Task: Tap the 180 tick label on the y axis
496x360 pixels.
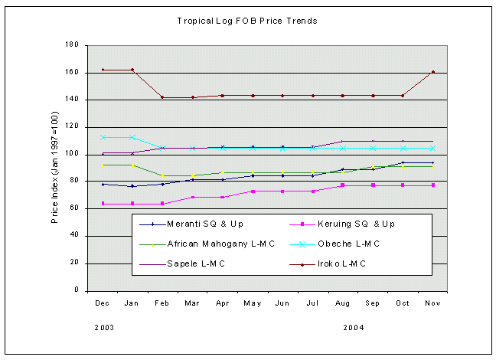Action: [x=73, y=45]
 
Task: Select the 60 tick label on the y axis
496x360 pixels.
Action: [x=75, y=209]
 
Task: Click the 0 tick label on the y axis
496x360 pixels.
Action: [x=77, y=291]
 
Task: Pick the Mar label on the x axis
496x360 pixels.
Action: [x=193, y=303]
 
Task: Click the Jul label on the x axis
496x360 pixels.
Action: [x=313, y=303]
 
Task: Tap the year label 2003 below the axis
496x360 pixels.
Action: [x=105, y=327]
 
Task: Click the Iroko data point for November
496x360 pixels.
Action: [x=433, y=72]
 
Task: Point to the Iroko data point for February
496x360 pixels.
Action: [x=163, y=97]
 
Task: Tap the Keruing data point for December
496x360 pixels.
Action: [x=103, y=204]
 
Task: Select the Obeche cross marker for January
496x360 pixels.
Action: [x=133, y=138]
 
